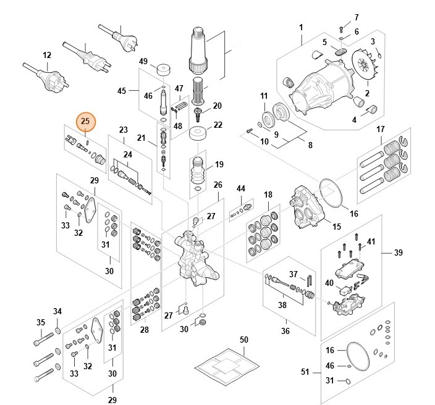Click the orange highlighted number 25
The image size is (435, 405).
tap(85, 121)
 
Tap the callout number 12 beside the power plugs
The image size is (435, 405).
tap(46, 55)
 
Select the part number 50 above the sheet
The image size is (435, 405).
tap(243, 341)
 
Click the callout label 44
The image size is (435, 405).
tap(241, 188)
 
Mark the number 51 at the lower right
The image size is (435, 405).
tap(305, 372)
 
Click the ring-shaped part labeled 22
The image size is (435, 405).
tap(198, 134)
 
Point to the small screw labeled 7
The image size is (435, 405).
tap(340, 28)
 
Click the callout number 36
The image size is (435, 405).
tap(285, 331)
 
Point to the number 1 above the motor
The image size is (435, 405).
tap(301, 28)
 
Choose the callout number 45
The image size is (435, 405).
tap(122, 91)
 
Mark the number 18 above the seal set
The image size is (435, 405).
tap(268, 195)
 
